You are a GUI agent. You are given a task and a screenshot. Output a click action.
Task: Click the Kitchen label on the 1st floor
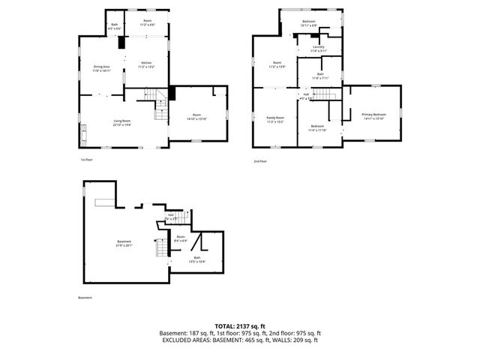point(145,65)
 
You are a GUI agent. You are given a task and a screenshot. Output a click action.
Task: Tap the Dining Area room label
point(102,68)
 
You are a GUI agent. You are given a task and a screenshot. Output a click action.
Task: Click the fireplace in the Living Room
point(82,134)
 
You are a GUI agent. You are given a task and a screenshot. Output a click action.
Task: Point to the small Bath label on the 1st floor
point(115,26)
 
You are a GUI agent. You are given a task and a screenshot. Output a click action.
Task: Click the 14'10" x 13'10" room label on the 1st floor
point(196,116)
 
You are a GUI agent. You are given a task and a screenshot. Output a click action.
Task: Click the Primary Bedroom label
point(373,116)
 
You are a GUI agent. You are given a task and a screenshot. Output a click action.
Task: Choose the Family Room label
point(275,118)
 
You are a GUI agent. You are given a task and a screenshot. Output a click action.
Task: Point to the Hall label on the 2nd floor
point(306,96)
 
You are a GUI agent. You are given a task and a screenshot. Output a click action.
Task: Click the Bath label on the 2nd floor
point(319,76)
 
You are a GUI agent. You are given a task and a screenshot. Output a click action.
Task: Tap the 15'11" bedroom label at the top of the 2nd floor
point(308,23)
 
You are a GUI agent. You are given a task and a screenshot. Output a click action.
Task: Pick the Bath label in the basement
point(196,259)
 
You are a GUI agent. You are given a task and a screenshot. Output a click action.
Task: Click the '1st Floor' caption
point(86,160)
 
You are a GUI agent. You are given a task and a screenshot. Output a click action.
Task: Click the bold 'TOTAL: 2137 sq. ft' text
point(240,326)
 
